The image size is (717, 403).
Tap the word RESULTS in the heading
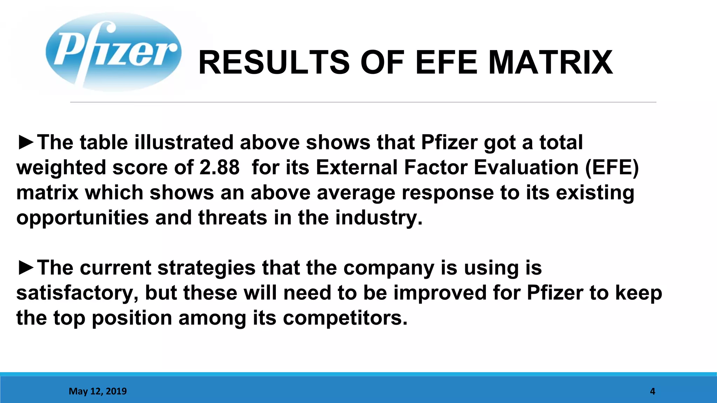274,63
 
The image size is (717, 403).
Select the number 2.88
220,167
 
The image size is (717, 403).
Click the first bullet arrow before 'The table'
26,142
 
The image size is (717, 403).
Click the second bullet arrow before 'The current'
26,268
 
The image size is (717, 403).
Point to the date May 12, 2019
98,391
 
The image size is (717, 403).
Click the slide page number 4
652,391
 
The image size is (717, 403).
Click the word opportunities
83,218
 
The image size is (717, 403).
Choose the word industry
379,218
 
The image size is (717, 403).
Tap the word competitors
345,318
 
